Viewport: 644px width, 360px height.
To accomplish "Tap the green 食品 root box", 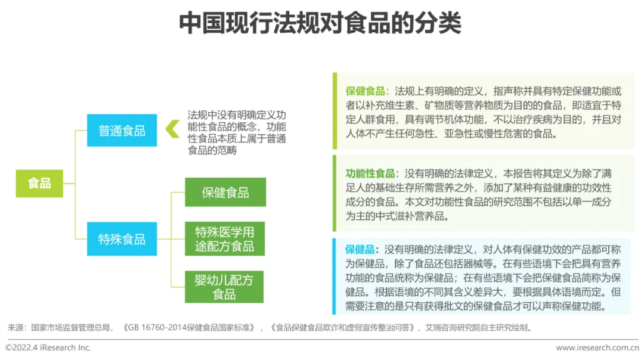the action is point(39,183).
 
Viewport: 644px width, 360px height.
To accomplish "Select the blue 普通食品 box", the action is point(122,131).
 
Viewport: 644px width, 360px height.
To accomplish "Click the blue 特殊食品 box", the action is point(122,239).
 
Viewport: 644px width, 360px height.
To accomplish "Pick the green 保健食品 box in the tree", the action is point(225,193).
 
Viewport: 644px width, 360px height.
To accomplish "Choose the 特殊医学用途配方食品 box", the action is point(225,239).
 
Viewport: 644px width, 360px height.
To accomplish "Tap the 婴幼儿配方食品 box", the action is point(224,287).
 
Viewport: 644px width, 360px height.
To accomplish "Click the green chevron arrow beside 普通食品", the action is point(172,129).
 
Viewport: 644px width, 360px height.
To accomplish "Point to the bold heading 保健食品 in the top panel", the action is point(365,91).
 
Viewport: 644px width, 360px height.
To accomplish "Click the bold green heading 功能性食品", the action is point(370,173).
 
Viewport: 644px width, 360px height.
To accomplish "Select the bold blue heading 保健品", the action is point(360,249).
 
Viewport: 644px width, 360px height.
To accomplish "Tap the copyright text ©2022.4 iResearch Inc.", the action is point(48,347).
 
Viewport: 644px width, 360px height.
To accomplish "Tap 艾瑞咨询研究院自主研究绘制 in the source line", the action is point(478,327).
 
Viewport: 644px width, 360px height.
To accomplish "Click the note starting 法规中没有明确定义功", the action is point(237,132).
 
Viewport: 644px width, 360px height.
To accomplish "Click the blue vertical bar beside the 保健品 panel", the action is point(335,276).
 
